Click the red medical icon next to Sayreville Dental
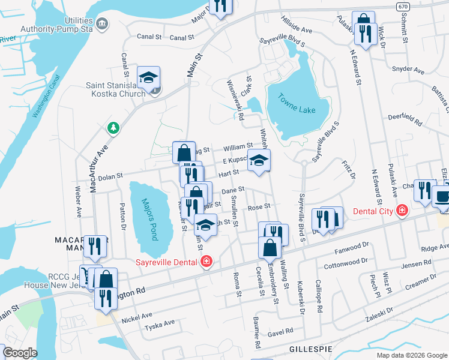pyautogui.click(x=206, y=262)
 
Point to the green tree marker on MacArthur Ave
pyautogui.click(x=112, y=127)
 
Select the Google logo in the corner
pyautogui.click(x=20, y=352)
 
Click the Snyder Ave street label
pyautogui.click(x=408, y=69)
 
